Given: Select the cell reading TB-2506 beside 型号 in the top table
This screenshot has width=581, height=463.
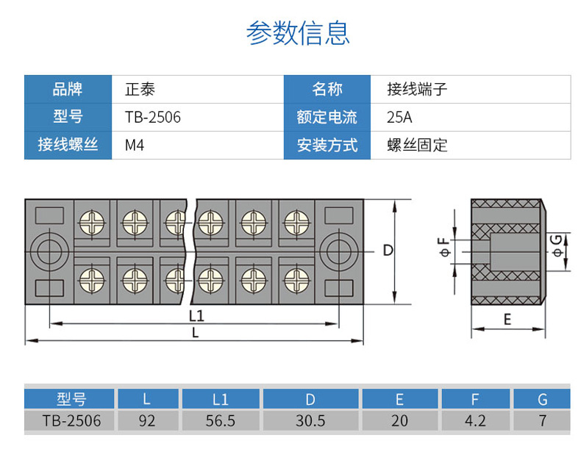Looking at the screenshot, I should coord(153,117).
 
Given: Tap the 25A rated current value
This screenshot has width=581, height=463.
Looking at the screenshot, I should coord(400,117).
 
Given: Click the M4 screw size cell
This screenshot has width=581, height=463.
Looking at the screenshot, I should coord(135,145).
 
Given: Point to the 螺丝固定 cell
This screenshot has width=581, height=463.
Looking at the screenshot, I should coord(417,145).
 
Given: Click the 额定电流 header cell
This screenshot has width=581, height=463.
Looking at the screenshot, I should coord(327,117).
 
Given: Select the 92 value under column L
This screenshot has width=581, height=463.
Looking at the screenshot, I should coord(147,421).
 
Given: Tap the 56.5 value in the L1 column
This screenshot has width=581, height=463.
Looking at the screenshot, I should coord(221,421).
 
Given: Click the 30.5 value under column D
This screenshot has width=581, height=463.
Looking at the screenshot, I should coord(310,421).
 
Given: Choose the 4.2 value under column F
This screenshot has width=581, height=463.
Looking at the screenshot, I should coord(476,421).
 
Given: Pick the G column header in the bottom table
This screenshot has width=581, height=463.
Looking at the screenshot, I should coord(543,400).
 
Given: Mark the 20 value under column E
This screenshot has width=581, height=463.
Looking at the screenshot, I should coord(399,421).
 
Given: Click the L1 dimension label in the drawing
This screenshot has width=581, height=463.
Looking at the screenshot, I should coord(196,316).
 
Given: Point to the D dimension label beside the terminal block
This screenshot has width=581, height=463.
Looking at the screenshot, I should coord(388,250).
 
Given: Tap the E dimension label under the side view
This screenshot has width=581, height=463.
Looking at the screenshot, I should coord(507,319).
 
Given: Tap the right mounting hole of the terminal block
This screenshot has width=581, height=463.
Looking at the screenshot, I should coord(338,251).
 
